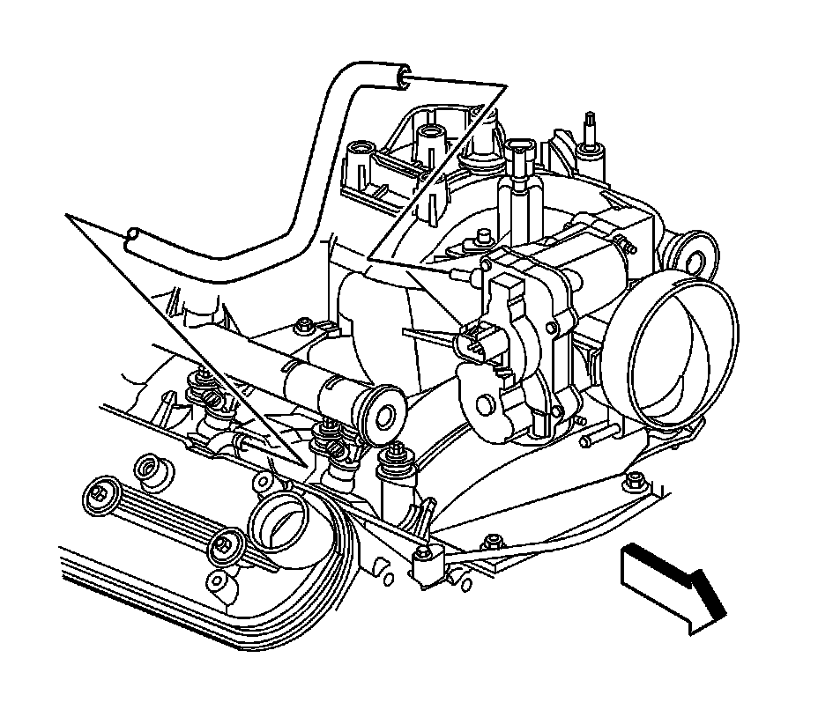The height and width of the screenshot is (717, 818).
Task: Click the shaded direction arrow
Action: pyautogui.click(x=672, y=586)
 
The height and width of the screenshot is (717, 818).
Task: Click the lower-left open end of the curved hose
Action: pyautogui.click(x=132, y=239)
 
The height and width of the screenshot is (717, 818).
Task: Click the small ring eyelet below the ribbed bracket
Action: pyautogui.click(x=215, y=582)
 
